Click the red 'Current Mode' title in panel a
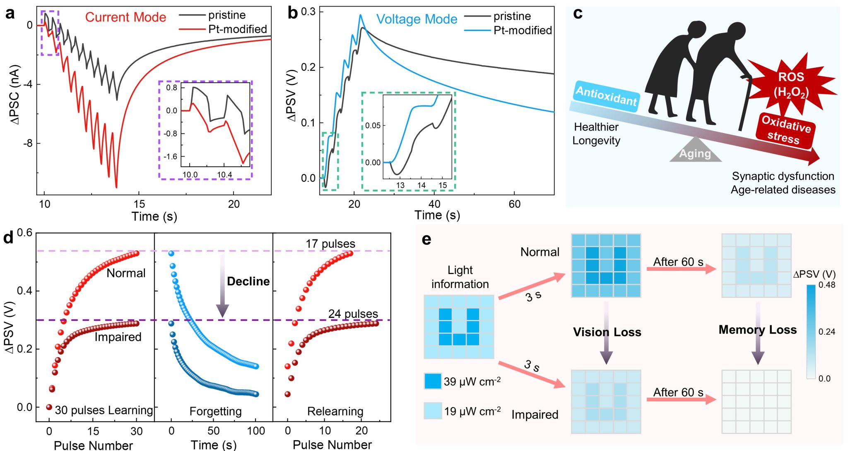pyautogui.click(x=125, y=17)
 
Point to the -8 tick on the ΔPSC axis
pyautogui.click(x=28, y=144)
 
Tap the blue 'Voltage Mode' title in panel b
pyautogui.click(x=417, y=19)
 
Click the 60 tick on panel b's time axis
pyautogui.click(x=514, y=204)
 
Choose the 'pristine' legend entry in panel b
pyautogui.click(x=512, y=16)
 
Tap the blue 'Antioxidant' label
pyautogui.click(x=606, y=96)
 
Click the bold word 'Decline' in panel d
pyautogui.click(x=248, y=282)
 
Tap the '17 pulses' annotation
pyautogui.click(x=330, y=244)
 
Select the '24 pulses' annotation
pyautogui.click(x=353, y=314)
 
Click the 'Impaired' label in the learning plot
pyautogui.click(x=118, y=337)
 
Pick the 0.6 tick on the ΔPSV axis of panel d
pyautogui.click(x=24, y=233)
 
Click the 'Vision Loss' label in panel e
pyautogui.click(x=607, y=332)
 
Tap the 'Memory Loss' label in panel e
pyautogui.click(x=757, y=329)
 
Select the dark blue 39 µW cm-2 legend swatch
pyautogui.click(x=433, y=381)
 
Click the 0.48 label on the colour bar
pyautogui.click(x=826, y=285)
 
